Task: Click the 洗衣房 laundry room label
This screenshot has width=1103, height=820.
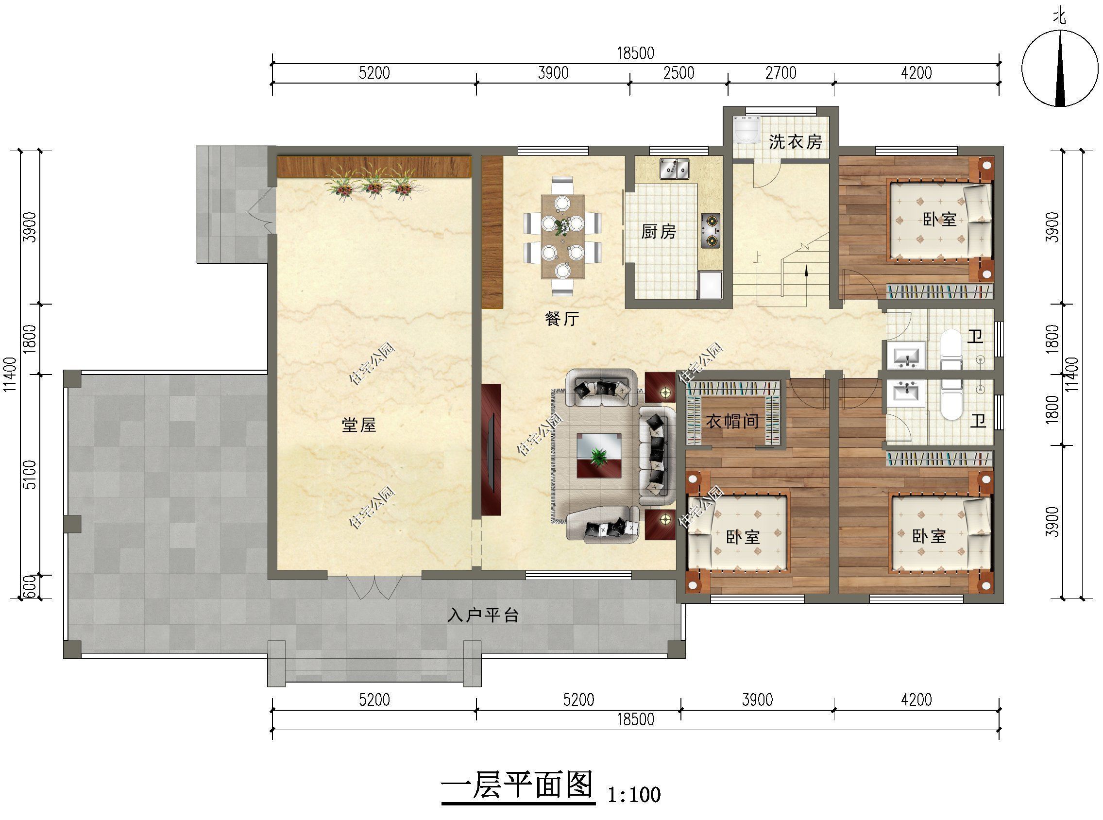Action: (x=795, y=142)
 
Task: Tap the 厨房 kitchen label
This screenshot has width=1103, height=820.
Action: (x=658, y=232)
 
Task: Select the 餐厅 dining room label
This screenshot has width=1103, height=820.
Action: (x=561, y=319)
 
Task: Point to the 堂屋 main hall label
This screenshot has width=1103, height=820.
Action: (x=359, y=425)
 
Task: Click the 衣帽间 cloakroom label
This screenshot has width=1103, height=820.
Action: (x=732, y=422)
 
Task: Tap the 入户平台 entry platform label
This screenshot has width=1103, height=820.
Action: (x=483, y=615)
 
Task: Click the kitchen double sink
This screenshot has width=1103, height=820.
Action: (x=674, y=168)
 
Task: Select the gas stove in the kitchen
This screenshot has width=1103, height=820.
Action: (x=710, y=231)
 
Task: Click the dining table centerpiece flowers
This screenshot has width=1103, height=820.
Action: (x=562, y=227)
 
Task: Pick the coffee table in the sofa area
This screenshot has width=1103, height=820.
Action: (x=599, y=455)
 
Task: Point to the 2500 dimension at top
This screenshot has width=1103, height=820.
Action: (x=679, y=73)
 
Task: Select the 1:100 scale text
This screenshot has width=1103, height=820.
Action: (x=634, y=795)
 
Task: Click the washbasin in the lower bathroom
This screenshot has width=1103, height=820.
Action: (x=906, y=393)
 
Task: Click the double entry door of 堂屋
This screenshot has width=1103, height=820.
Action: (x=374, y=588)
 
